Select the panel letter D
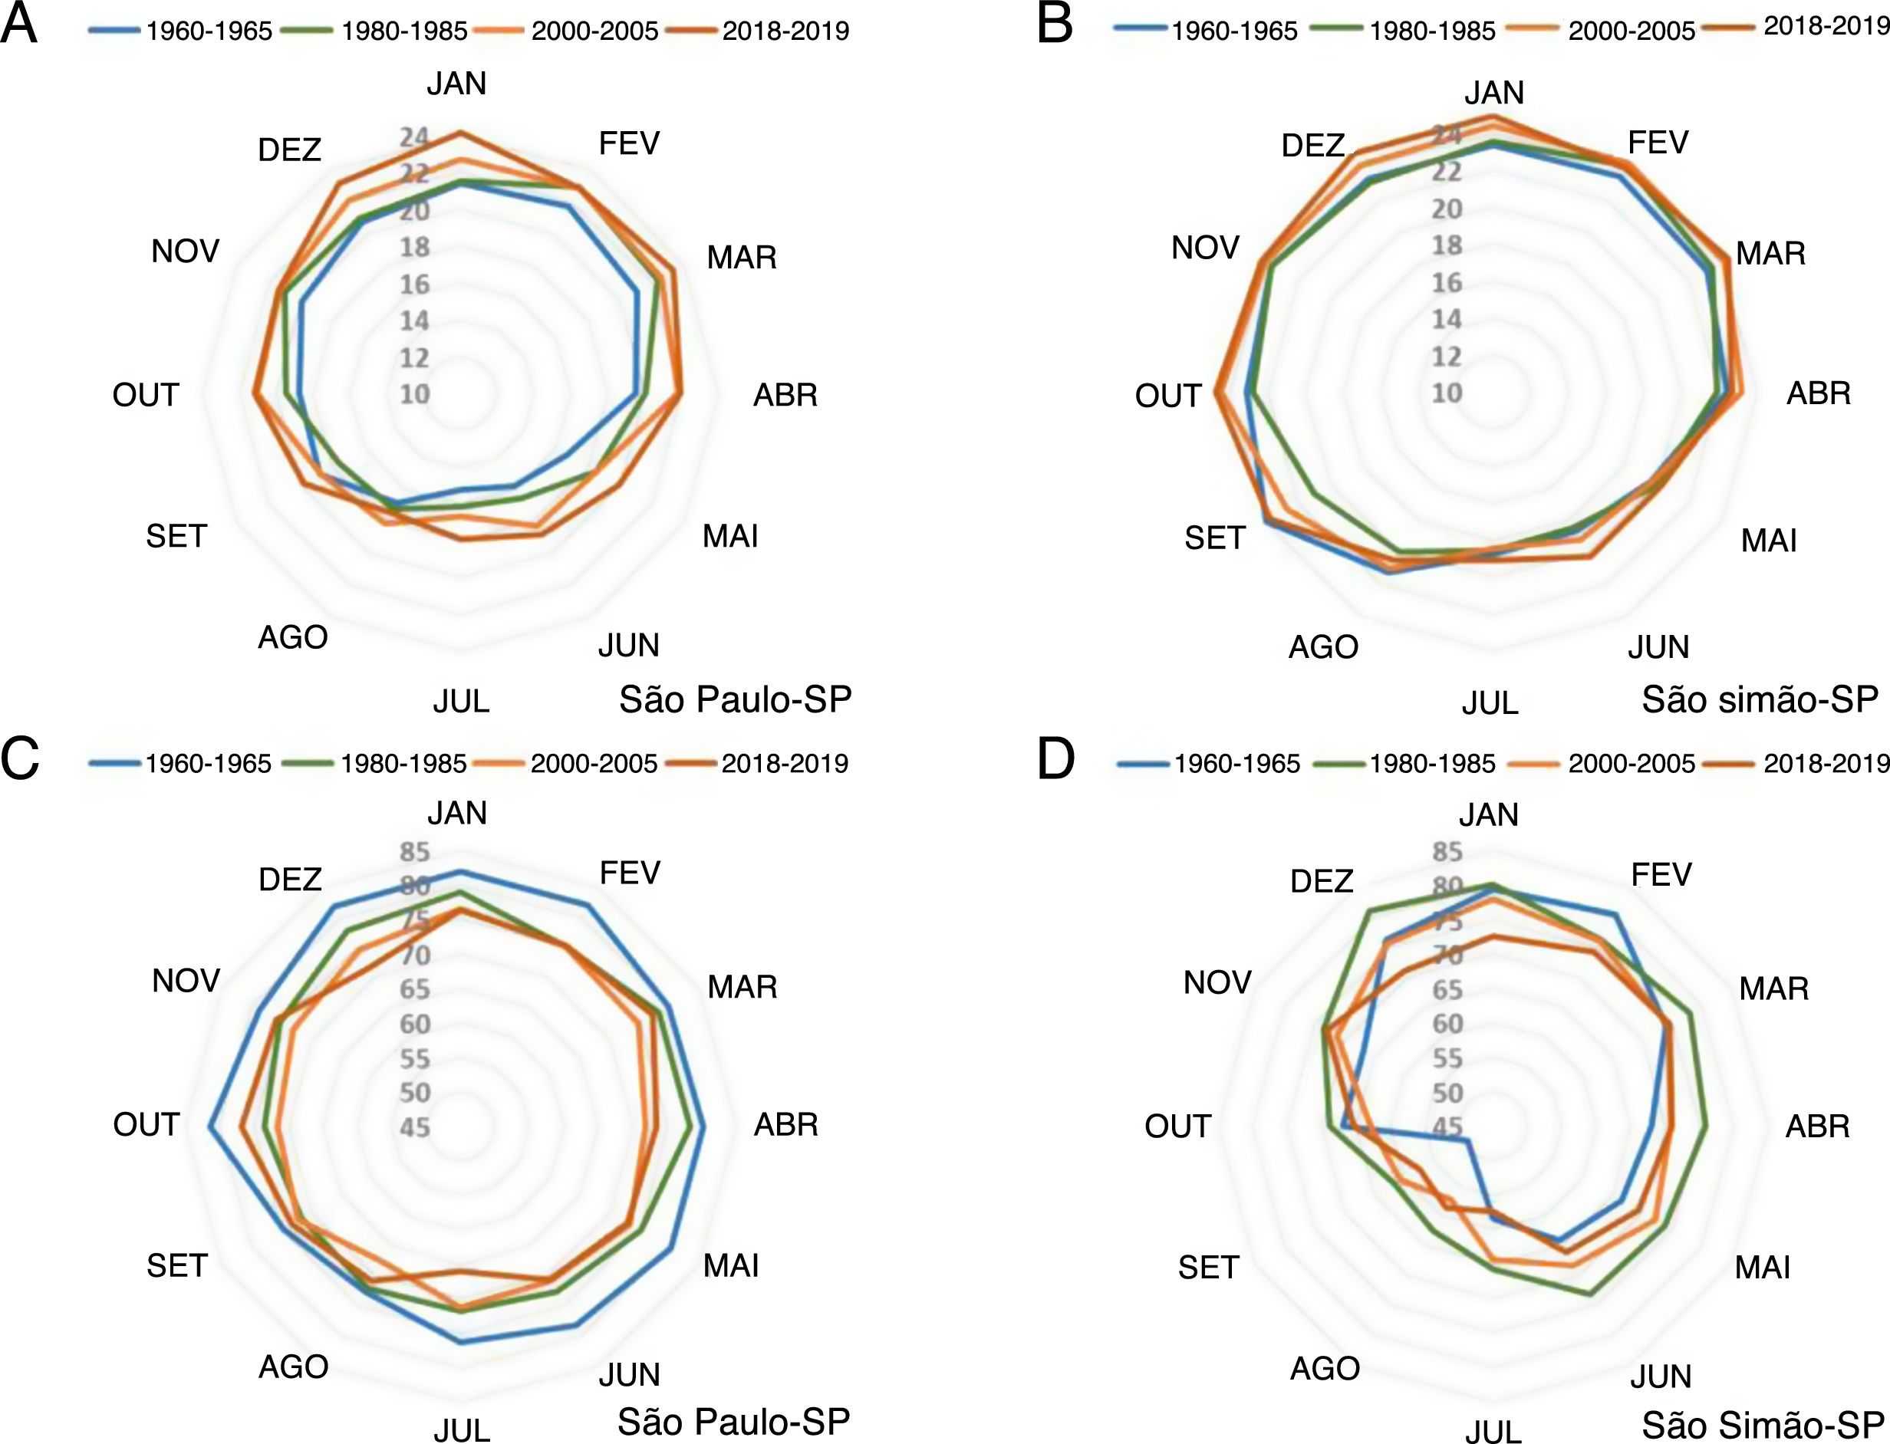[1056, 760]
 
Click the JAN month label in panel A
[456, 84]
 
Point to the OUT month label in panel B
[1167, 396]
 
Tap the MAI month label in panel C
[730, 1265]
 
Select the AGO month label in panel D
[1325, 1367]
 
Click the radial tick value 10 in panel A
[414, 393]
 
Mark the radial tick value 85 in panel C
[414, 852]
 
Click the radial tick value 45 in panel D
[1447, 1126]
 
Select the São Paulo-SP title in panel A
[735, 699]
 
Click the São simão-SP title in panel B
[1760, 699]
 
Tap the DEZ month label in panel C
[290, 880]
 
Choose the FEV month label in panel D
[1661, 875]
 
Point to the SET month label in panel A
[176, 536]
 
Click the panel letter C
[19, 760]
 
